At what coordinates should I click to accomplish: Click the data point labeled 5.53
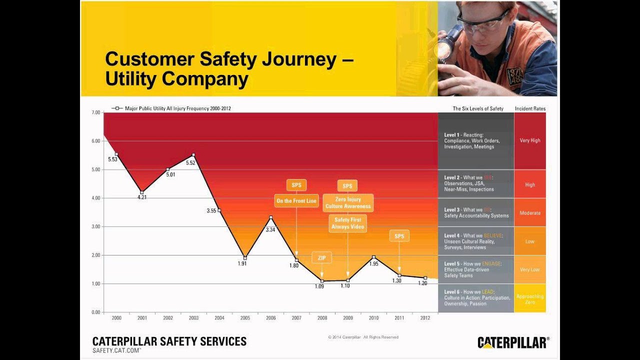[x=116, y=154]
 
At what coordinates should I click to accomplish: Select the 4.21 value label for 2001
[x=142, y=197]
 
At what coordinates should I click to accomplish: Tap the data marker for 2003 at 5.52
[x=193, y=155]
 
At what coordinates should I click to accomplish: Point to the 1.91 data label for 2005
[x=242, y=264]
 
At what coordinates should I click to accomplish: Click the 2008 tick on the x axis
[x=322, y=318]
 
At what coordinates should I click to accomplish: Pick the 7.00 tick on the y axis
[x=95, y=113]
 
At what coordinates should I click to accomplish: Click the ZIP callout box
[x=321, y=258]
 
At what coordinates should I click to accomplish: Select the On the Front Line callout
[x=296, y=201]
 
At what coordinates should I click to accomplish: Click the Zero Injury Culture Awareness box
[x=348, y=202]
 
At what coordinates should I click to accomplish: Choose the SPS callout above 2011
[x=399, y=236]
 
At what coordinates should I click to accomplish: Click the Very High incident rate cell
[x=529, y=140]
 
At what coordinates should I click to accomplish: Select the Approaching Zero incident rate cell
[x=529, y=299]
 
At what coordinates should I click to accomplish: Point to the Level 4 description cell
[x=475, y=241]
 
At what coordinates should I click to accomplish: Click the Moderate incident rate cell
[x=529, y=213]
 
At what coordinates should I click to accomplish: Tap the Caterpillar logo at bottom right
[x=513, y=342]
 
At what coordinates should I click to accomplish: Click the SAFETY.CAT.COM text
[x=116, y=351]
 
